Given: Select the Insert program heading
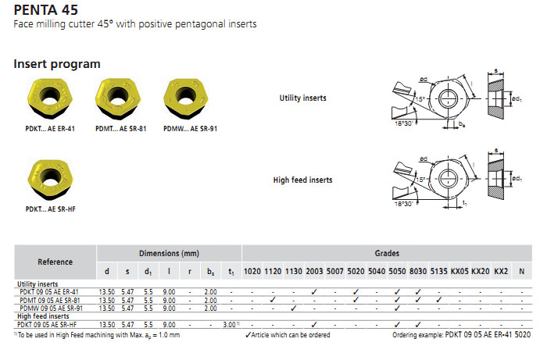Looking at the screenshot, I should coord(57,63).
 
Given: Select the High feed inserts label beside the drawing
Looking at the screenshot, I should coord(302,180).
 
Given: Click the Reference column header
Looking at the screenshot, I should coord(55,262).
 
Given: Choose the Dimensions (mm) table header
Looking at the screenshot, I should coord(169,253).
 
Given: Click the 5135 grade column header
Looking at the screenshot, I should coord(438,272).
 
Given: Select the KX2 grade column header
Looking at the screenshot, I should coord(501,272).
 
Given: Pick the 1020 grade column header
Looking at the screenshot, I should coord(252,272).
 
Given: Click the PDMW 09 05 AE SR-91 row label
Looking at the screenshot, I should coord(48,308).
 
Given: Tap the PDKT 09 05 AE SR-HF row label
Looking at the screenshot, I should coord(48,323).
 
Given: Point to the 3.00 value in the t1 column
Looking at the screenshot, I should coord(229,323).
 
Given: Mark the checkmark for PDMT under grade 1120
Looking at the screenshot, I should coord(272,300).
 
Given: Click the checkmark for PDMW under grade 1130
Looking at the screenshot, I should coord(293,308).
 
